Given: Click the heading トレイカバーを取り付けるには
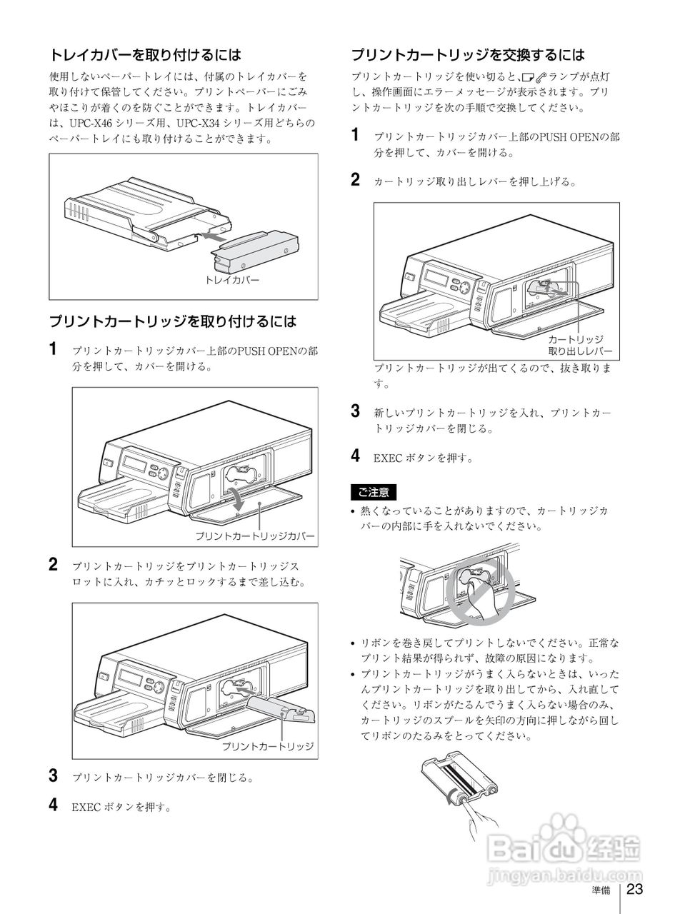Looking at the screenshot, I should [145, 54].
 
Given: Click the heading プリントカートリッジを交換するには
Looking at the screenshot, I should [468, 54].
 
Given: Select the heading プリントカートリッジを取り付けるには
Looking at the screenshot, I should [172, 321].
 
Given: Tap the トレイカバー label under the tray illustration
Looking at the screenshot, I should [233, 280].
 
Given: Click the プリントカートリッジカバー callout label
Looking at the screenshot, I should [254, 536].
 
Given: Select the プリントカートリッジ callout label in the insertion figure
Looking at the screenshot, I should [267, 746].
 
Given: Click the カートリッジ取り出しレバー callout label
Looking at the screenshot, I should [579, 345].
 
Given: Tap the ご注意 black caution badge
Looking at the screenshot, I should [373, 492].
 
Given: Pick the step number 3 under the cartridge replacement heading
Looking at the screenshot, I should [356, 411].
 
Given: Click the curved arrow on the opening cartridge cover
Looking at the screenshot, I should [236, 496].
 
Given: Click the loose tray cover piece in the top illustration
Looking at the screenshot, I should [256, 249].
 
